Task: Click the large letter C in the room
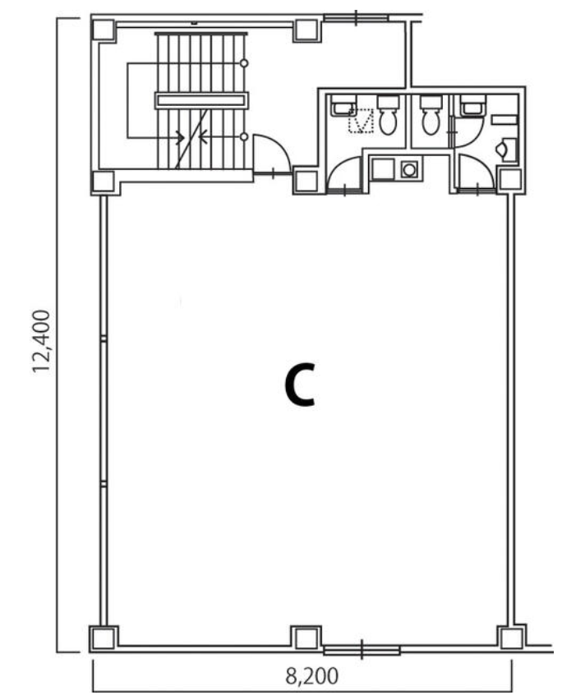click(300, 384)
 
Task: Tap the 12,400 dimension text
click(41, 341)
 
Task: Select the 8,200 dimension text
click(311, 676)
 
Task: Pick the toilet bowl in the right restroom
click(431, 115)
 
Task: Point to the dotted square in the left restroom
click(361, 120)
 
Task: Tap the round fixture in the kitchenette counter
click(409, 169)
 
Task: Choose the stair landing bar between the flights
click(201, 100)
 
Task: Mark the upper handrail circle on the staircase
click(244, 63)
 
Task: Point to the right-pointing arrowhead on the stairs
click(180, 137)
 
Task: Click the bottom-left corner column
click(104, 638)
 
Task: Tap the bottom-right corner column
click(511, 638)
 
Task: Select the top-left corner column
click(104, 30)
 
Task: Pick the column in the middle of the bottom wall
click(306, 638)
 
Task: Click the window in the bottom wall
click(362, 650)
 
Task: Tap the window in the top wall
click(356, 18)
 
